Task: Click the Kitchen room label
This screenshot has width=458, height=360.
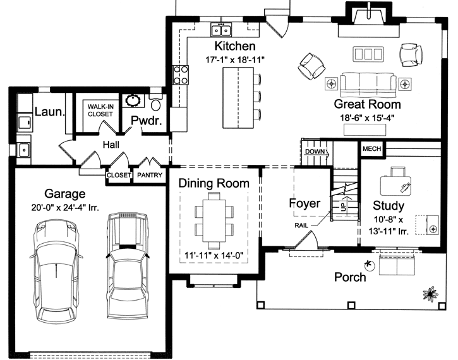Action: (235, 46)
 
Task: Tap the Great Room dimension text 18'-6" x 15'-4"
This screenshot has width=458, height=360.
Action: (367, 117)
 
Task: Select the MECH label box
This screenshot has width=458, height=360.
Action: (371, 149)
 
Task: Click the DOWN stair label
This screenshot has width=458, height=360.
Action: (315, 152)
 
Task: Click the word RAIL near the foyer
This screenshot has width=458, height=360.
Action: (301, 225)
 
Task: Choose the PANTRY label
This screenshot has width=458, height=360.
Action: (150, 176)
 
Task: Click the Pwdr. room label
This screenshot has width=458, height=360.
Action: (147, 121)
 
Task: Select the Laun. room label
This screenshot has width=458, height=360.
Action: (49, 112)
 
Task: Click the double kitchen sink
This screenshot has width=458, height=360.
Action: (222, 29)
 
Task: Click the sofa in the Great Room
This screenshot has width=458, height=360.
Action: (368, 83)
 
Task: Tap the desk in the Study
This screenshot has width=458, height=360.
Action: (397, 183)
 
